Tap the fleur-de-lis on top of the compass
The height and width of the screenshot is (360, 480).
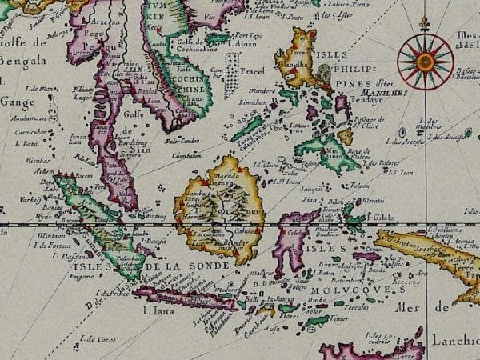[x=425, y=22]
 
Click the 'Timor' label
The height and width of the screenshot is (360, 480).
[x=341, y=318]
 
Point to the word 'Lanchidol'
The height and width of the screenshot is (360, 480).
[x=457, y=340]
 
